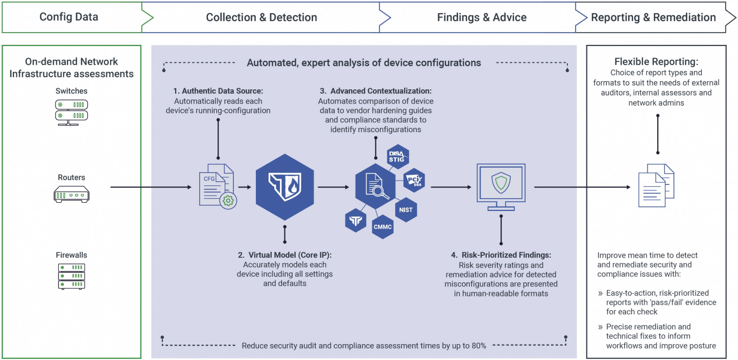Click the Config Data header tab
pos(69,17)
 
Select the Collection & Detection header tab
pos(261,17)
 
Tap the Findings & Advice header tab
pos(481,17)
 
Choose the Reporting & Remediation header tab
pos(653,17)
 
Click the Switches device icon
pos(72,112)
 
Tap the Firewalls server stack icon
pos(72,276)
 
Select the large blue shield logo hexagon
pos(285,187)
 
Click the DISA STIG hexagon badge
pos(396,157)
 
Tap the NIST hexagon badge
pos(406,210)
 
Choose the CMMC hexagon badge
pos(383,226)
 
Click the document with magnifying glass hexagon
pos(375,187)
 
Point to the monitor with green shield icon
pos(501,186)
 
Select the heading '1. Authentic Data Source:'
pos(218,91)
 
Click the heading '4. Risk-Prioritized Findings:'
pos(501,255)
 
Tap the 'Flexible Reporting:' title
pos(656,62)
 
